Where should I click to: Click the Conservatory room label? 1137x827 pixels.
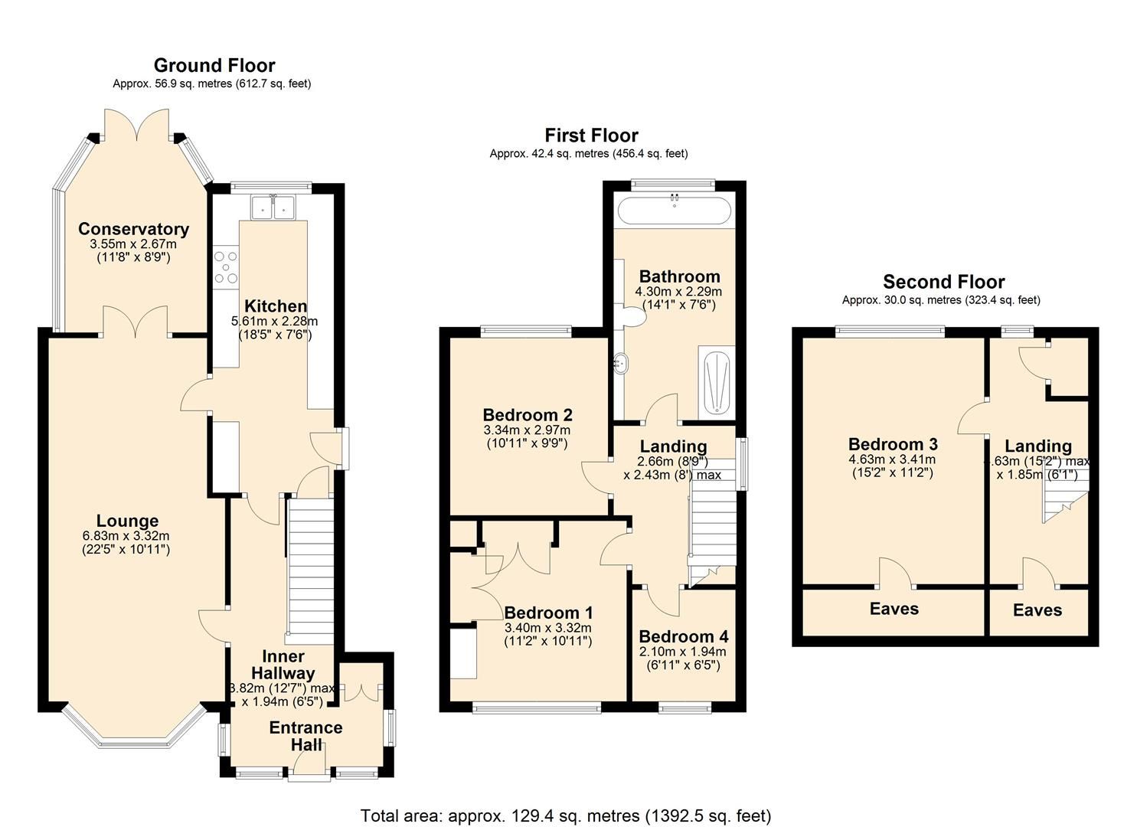click(133, 229)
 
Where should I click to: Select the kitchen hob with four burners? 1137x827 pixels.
click(227, 267)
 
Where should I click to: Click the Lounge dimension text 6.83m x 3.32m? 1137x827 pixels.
click(126, 536)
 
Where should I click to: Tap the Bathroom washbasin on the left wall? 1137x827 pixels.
click(619, 363)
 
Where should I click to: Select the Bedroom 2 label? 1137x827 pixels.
click(527, 415)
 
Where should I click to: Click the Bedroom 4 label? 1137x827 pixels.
click(683, 636)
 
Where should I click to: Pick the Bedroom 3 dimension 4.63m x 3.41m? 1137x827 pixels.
click(893, 459)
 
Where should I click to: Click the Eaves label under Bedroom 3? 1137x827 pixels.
click(894, 609)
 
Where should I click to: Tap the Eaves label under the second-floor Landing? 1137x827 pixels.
click(1037, 610)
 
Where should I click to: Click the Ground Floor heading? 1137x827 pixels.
click(214, 66)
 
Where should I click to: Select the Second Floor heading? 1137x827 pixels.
click(943, 282)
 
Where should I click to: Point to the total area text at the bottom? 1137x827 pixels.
click(565, 816)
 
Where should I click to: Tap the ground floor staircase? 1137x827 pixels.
click(311, 567)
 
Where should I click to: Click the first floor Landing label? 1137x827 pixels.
click(673, 446)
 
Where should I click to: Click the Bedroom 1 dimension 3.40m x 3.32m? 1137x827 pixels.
click(547, 628)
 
